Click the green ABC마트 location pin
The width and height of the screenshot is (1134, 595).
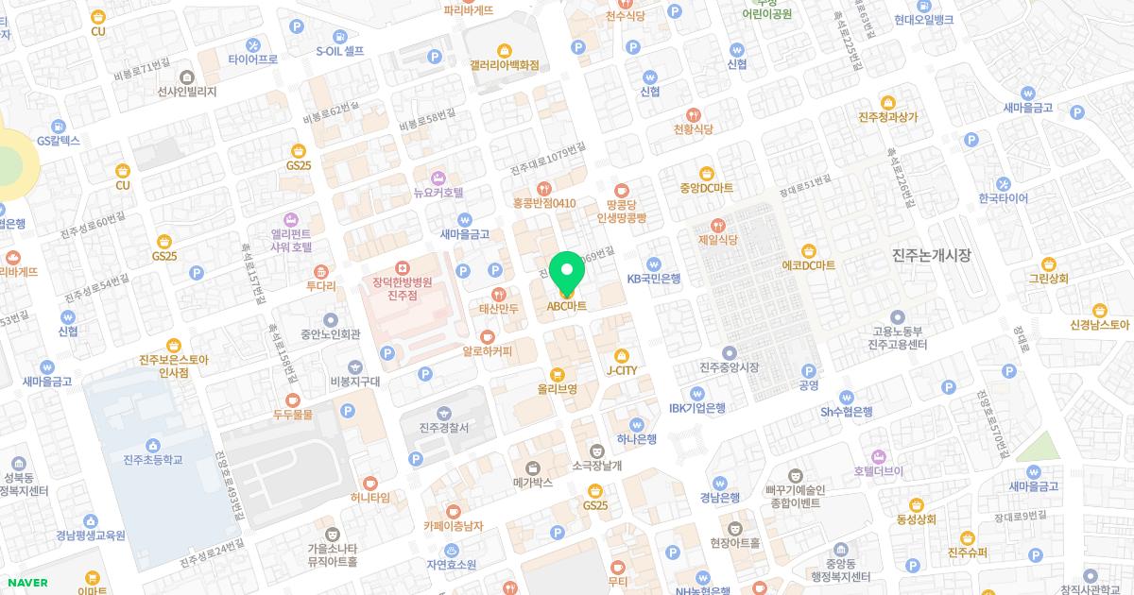point(567,274)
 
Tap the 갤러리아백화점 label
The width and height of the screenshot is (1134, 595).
point(504,64)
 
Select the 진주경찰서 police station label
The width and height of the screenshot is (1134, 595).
point(443,428)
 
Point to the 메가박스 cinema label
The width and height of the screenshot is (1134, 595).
point(532,482)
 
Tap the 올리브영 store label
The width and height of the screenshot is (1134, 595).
point(558,387)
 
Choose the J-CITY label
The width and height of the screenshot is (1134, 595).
point(621,370)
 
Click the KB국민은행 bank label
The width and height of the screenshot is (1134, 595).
point(654,278)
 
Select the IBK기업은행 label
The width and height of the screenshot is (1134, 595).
point(697,407)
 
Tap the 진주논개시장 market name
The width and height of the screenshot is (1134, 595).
point(932,256)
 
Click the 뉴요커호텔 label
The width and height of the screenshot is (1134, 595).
point(438,192)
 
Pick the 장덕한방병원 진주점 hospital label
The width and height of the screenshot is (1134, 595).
point(403,287)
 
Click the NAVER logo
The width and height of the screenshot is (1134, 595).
point(26,583)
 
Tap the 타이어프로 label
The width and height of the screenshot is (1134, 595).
point(253,58)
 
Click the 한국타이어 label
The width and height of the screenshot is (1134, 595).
point(1004,197)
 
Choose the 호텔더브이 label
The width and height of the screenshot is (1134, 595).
point(879,470)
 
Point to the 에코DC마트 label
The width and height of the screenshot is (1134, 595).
point(809,264)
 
